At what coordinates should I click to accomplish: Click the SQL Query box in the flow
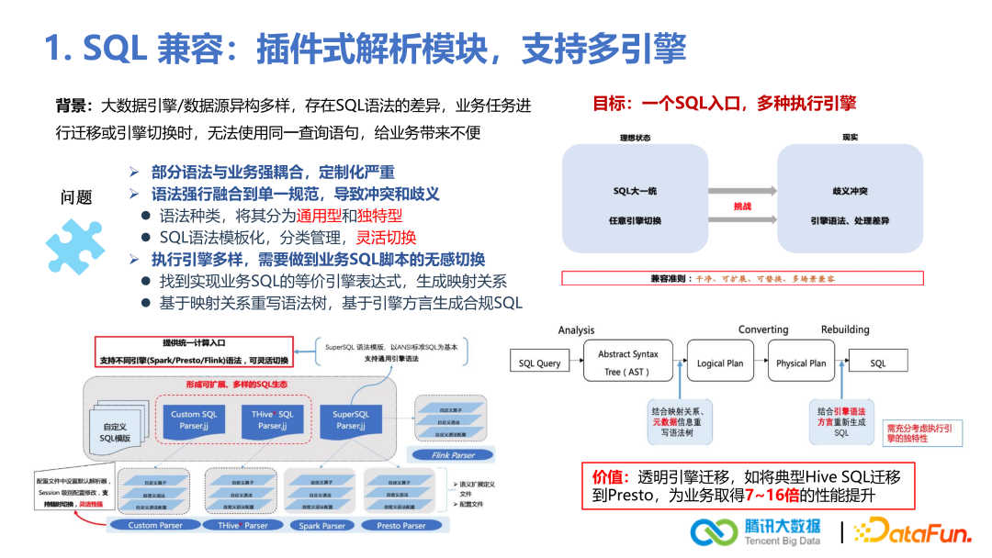[x=539, y=363]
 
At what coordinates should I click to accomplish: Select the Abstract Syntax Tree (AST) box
[x=627, y=363]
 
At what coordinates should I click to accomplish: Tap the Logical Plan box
[x=720, y=363]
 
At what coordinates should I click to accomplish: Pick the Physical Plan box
[x=801, y=363]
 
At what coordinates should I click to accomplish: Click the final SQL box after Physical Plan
[x=878, y=363]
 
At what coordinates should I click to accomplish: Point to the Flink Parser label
[x=453, y=454]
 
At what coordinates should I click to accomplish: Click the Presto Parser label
[x=401, y=526]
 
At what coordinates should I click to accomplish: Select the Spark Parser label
[x=321, y=526]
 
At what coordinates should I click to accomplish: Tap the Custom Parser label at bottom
[x=155, y=526]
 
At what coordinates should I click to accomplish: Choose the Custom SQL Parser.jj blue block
[x=194, y=420]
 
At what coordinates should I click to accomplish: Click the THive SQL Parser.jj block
[x=273, y=420]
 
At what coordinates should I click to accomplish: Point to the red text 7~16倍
[x=772, y=496]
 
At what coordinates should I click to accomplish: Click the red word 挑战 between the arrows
[x=742, y=206]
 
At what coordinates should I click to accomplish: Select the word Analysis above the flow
[x=576, y=330]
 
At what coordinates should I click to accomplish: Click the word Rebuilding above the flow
[x=845, y=330]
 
